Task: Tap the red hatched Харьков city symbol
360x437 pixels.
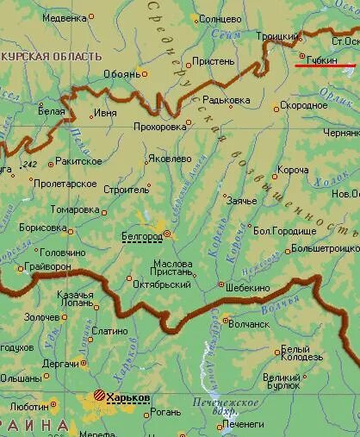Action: click(100, 396)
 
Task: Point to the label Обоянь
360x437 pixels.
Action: click(121, 74)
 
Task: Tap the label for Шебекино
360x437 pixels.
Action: click(249, 287)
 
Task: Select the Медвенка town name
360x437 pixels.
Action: click(65, 16)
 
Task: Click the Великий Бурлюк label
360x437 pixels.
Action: click(282, 382)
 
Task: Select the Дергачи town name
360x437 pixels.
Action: click(60, 363)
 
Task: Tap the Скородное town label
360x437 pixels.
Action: click(305, 106)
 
